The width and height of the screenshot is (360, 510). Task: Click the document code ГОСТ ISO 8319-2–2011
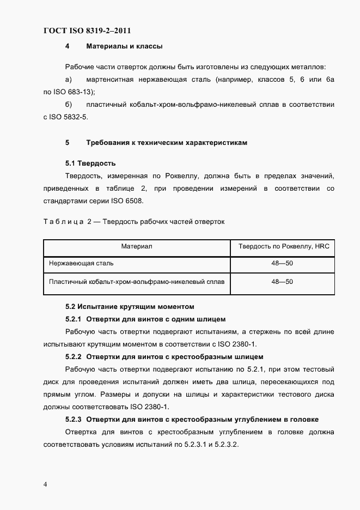[x=87, y=31]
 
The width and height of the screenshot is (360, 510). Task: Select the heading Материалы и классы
[x=124, y=46]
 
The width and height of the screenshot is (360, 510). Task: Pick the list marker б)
[x=69, y=105]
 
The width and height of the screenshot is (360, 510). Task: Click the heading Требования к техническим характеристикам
[x=167, y=143]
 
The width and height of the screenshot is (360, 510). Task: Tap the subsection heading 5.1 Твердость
[x=90, y=163]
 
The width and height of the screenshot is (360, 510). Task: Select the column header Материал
[x=136, y=246]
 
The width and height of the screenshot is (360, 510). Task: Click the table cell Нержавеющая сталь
[x=81, y=263]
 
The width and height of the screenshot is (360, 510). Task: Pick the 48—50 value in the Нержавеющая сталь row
[x=282, y=263]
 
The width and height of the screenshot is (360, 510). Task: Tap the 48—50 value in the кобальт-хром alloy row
[x=282, y=282]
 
